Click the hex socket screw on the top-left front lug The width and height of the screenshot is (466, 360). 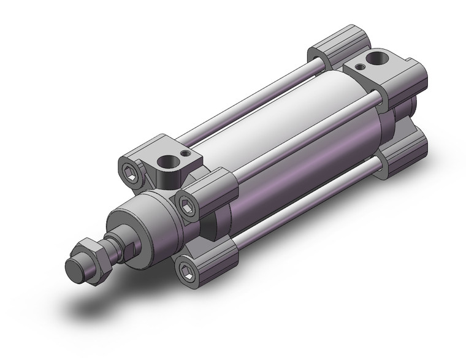pos(132,169)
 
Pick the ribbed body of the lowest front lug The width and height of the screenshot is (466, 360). pos(215,258)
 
